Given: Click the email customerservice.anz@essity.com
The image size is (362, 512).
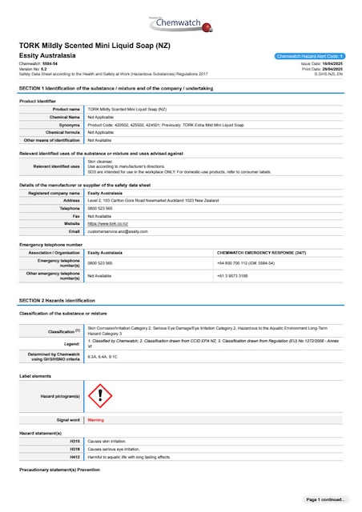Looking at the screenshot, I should coord(118,230).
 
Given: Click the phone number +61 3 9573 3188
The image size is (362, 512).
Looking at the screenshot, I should coord(232,274).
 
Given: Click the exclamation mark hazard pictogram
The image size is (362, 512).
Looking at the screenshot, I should coord(99,394).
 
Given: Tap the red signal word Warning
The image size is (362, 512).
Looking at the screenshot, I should coord(95,419).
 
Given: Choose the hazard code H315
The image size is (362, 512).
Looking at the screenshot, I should coord(75,441).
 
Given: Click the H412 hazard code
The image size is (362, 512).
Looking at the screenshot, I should coord(75,456).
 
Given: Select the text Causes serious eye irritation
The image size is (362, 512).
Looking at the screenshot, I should coord(119,449).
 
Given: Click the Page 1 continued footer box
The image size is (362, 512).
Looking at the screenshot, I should coord(325,499).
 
